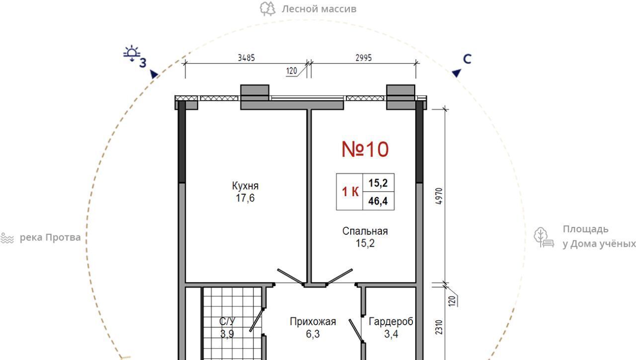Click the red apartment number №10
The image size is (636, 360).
point(365,149)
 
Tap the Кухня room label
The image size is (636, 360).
point(245,186)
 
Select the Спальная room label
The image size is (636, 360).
point(365,231)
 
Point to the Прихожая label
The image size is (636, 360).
point(313,321)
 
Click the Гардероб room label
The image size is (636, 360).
point(391,321)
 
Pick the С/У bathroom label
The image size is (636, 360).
point(227,321)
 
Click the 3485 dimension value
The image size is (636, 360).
point(246,58)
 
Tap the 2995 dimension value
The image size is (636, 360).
point(363,58)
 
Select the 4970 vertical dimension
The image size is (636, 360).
point(439,196)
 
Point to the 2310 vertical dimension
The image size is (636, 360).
point(439,327)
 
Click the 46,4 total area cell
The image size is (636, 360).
point(378,201)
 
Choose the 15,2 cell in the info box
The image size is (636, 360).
point(378,183)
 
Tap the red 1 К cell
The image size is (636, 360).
point(350,192)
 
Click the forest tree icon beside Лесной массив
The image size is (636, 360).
point(267,9)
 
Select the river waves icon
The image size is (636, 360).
point(7,238)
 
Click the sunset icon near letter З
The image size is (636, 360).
point(132,53)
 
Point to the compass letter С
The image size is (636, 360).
point(467,59)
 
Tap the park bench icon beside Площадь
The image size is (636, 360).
point(544,237)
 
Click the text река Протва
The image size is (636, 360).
point(50,237)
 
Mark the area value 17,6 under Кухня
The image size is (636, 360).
point(245,198)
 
